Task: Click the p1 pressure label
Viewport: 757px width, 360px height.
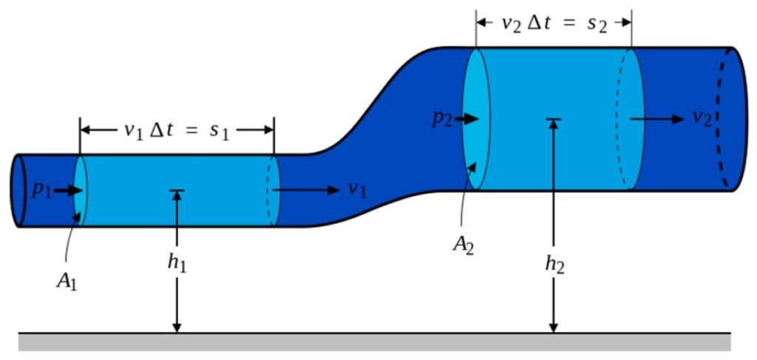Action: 40,189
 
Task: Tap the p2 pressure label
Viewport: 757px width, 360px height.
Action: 443,120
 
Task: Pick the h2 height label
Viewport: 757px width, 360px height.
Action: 554,265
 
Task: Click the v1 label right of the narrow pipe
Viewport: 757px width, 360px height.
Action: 357,190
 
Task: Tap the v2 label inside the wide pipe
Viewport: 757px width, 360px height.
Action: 702,119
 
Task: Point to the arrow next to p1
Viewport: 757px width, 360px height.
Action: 67,190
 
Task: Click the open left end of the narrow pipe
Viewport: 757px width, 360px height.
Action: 18,191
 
